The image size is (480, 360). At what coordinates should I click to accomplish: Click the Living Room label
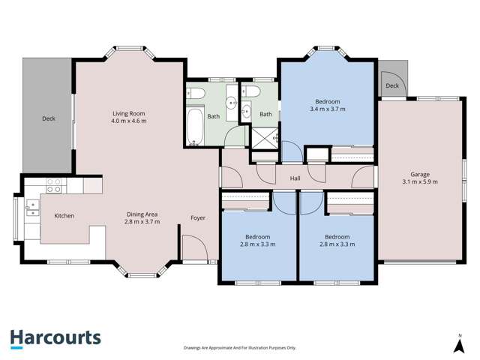tap(129, 112)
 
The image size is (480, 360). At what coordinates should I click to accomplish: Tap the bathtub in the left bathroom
tap(193, 126)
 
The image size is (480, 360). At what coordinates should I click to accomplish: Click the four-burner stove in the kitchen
tap(54, 185)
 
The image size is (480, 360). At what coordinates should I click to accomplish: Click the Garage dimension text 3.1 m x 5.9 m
tap(419, 181)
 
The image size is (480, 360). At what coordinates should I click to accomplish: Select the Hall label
tap(295, 178)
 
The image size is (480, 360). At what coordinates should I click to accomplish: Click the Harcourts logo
tap(55, 338)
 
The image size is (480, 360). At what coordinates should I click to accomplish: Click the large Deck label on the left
tap(48, 118)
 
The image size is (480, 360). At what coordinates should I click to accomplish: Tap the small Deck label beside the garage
tap(392, 86)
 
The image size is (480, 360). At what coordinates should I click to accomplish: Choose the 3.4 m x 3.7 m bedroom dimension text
tap(327, 110)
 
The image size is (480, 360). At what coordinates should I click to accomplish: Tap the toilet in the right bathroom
tap(252, 92)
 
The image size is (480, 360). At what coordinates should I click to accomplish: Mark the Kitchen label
tap(64, 216)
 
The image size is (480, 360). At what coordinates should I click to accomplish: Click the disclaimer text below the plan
tap(240, 348)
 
